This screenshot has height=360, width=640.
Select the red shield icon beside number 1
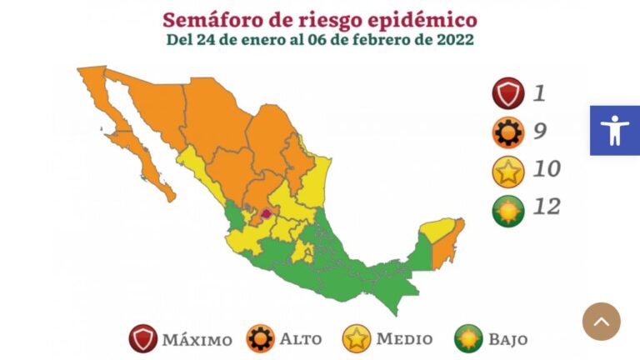click(507, 93)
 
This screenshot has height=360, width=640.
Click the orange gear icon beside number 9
click(507, 132)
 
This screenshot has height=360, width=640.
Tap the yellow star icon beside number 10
click(507, 171)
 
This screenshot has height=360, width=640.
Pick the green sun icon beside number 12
click(507, 209)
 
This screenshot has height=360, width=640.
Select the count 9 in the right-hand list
click(540, 131)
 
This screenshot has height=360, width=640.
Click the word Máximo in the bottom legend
click(197, 340)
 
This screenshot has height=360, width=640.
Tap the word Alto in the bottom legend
click(301, 339)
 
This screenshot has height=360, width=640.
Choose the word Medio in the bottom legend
click(404, 339)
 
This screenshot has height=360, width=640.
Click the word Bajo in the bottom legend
click(507, 339)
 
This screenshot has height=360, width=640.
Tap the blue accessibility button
click(615, 131)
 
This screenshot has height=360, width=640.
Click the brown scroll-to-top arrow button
click(602, 321)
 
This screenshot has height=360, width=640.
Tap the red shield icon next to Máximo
click(143, 339)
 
